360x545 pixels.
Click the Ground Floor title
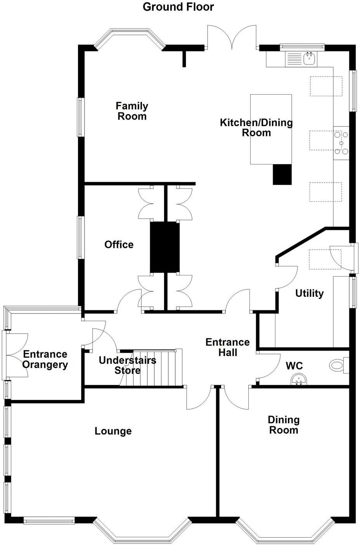pyautogui.click(x=178, y=7)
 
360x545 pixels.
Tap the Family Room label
pyautogui.click(x=132, y=111)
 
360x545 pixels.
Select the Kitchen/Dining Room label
pyautogui.click(x=256, y=128)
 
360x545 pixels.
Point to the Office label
pyautogui.click(x=119, y=244)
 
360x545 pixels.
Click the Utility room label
pyautogui.click(x=310, y=293)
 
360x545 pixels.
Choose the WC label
pyautogui.click(x=294, y=366)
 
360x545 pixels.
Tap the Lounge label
pyautogui.click(x=113, y=431)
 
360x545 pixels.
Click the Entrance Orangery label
pyautogui.click(x=45, y=359)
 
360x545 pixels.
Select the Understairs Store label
pyautogui.click(x=128, y=365)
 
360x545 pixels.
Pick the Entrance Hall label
pyautogui.click(x=228, y=347)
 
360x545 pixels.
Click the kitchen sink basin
pyautogui.click(x=310, y=59)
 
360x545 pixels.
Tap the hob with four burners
pyautogui.click(x=341, y=143)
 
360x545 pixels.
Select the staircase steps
pyautogui.click(x=151, y=368)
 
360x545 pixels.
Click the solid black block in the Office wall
pyautogui.click(x=164, y=247)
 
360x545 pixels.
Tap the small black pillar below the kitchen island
pyautogui.click(x=282, y=175)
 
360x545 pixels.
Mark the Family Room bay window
pyautogui.click(x=130, y=39)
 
